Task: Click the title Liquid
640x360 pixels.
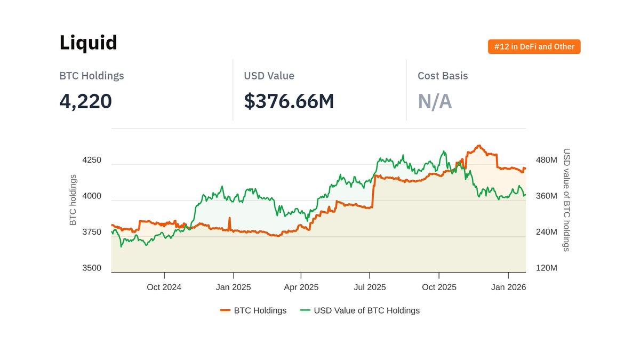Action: (x=88, y=43)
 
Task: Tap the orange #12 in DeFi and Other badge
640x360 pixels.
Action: (x=534, y=47)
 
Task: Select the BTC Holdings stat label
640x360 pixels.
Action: (x=91, y=76)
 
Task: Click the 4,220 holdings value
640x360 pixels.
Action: (x=85, y=101)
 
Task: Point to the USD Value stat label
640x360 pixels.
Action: (x=269, y=76)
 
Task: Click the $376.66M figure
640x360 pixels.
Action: (x=289, y=101)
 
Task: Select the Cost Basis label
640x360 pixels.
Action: (x=442, y=76)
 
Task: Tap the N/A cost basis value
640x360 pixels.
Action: (x=434, y=101)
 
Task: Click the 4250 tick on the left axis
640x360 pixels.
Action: (x=91, y=160)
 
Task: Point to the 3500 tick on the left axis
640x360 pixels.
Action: (x=91, y=268)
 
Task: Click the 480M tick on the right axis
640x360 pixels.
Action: (x=546, y=160)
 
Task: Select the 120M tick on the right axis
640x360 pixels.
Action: (x=546, y=268)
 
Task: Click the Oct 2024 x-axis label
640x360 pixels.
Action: (x=164, y=287)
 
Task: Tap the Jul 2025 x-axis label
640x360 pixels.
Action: (x=370, y=287)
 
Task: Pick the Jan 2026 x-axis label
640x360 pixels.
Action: (x=508, y=287)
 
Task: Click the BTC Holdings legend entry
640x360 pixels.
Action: (x=253, y=310)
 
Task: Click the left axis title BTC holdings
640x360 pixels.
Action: (x=73, y=199)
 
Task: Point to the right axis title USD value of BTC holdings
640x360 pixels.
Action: (x=566, y=199)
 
